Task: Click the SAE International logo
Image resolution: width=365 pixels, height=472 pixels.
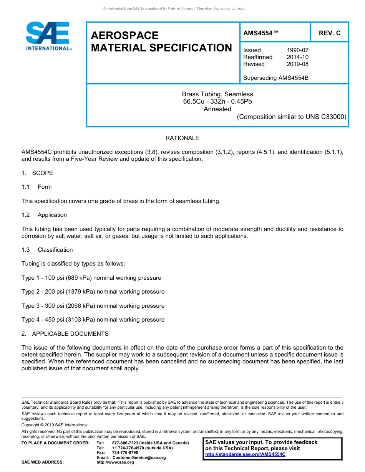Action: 48,36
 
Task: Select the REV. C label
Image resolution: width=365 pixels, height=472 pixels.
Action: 329,33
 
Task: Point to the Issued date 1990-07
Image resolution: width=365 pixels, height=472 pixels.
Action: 297,50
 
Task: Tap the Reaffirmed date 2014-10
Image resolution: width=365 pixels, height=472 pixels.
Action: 297,57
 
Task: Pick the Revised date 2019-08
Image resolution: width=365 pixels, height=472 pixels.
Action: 297,64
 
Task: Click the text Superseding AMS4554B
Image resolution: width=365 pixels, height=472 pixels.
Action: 276,78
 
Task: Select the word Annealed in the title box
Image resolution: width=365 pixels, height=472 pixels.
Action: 217,109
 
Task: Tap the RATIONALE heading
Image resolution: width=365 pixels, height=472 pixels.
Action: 182,138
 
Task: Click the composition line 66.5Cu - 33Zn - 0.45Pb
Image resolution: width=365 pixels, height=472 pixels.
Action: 217,102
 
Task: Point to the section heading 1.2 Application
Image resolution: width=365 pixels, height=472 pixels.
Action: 44,215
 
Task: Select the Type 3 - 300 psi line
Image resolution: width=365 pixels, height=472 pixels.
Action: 93,306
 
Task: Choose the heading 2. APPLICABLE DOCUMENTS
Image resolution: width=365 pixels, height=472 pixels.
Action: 65,334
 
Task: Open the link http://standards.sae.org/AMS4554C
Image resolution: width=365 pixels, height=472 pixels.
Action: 245,454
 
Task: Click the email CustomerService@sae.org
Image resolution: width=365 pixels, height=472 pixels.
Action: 139,457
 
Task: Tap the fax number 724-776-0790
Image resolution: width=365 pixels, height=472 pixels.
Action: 125,453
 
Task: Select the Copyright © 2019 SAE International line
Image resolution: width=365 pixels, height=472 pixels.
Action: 55,425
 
